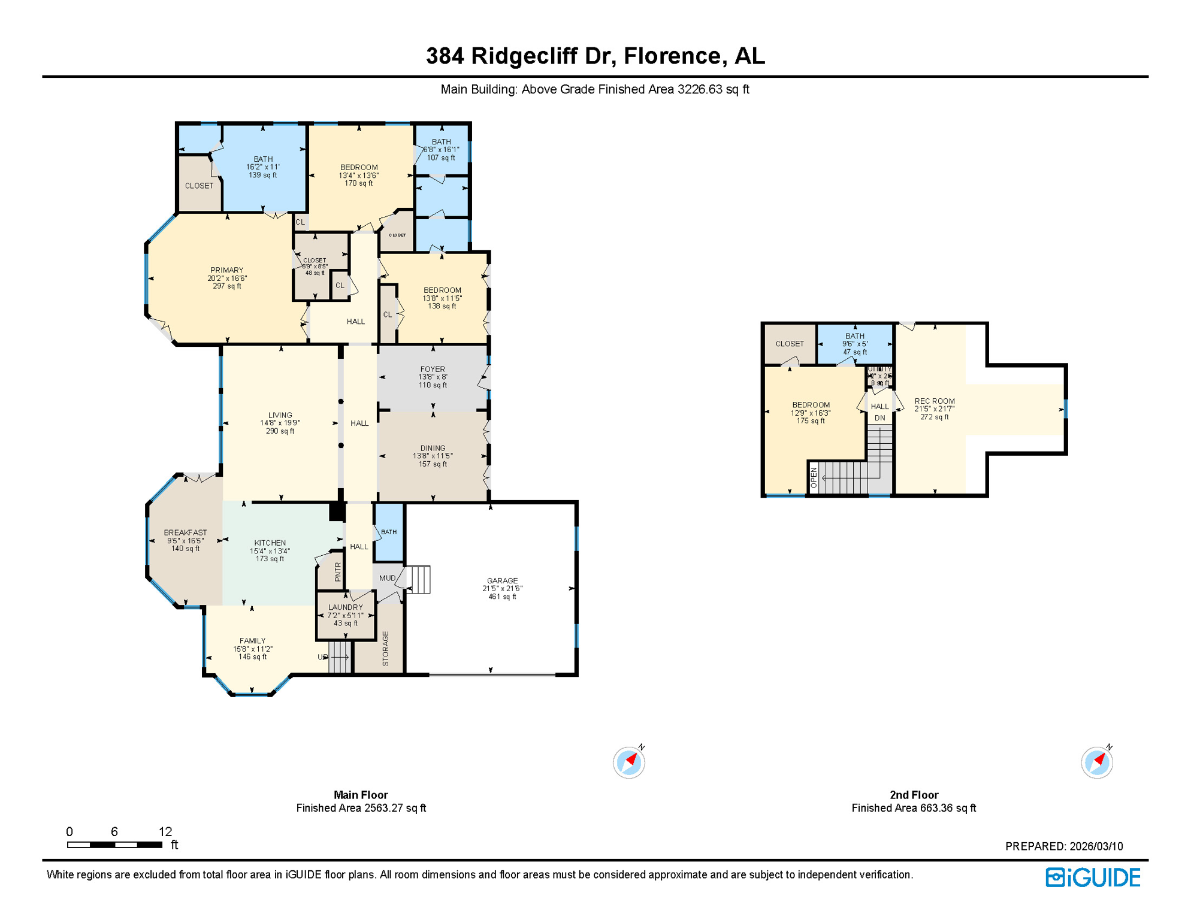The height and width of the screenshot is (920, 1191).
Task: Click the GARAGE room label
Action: tap(502, 580)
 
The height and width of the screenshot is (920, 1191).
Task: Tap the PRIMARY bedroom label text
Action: tap(226, 270)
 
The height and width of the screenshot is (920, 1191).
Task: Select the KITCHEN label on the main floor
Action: tap(270, 543)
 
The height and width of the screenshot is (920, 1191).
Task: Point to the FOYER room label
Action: tap(433, 369)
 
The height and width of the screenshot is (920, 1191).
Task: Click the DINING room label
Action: tap(433, 448)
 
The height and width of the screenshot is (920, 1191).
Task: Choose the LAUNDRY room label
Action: tap(346, 607)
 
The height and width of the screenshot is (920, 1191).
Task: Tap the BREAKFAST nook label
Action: tap(185, 532)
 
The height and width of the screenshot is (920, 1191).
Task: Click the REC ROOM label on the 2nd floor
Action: tap(934, 401)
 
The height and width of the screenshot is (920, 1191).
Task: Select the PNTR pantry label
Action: tap(338, 572)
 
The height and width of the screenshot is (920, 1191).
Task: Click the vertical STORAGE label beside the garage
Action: tap(385, 648)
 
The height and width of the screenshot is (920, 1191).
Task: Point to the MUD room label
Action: tap(387, 578)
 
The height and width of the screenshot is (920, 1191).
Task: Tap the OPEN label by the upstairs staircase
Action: tap(814, 477)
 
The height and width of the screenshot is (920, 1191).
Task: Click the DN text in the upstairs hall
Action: tap(879, 418)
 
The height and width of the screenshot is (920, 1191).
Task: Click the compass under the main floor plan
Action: tap(628, 762)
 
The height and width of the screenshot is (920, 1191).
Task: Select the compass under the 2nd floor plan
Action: tap(1096, 762)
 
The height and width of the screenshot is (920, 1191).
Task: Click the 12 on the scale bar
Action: tap(165, 831)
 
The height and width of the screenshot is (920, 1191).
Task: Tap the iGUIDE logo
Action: tap(1093, 877)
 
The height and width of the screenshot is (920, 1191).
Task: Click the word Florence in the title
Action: tap(672, 56)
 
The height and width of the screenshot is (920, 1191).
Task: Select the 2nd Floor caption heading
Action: tap(913, 795)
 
